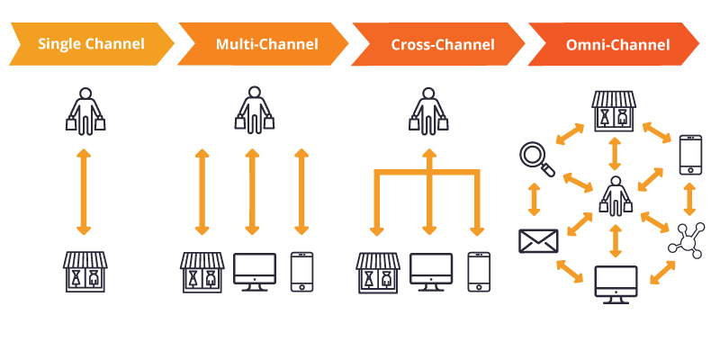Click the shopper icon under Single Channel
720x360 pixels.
85,109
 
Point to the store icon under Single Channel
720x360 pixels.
85,272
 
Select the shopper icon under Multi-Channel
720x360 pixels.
253,109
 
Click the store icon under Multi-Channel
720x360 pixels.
202,272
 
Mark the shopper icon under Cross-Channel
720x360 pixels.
428,109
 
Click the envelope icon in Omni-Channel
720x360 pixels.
538,241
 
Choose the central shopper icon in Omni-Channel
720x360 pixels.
616,196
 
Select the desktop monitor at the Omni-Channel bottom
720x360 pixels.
616,284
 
